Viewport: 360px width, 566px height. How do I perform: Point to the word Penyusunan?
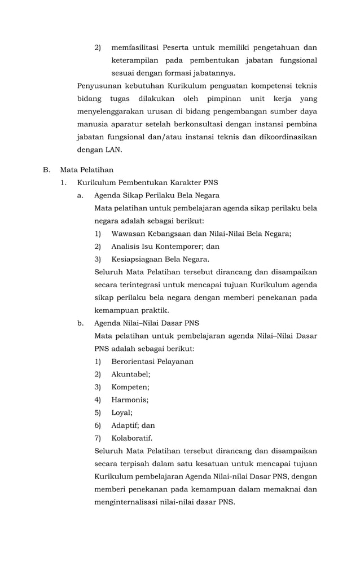[99, 86]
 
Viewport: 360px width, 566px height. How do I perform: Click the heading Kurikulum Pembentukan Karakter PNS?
[147, 183]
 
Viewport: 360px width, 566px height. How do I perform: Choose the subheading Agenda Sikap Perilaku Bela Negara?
[156, 195]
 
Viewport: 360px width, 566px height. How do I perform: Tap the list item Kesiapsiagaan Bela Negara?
[160, 260]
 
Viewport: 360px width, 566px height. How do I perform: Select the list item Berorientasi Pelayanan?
[152, 361]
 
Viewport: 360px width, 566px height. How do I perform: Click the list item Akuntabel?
[130, 374]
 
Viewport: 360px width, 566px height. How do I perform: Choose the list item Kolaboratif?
[131, 438]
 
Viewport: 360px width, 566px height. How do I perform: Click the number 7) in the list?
[98, 438]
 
